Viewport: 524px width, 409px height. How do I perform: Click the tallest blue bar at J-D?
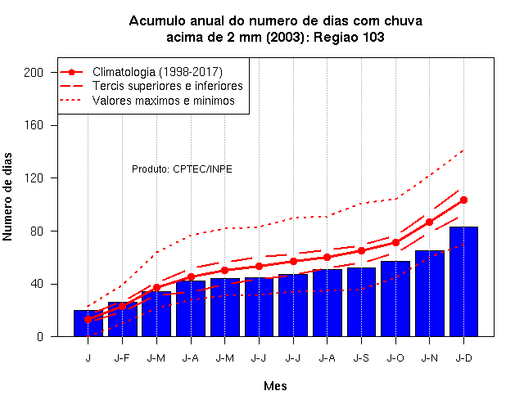(463, 281)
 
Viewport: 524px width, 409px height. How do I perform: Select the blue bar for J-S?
(361, 302)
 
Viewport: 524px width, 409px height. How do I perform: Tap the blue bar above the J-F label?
(122, 319)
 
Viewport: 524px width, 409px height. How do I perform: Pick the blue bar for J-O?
(395, 299)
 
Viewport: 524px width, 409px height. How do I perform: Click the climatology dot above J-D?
(463, 200)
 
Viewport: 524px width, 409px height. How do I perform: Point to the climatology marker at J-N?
(429, 222)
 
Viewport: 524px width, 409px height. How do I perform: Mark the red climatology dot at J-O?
(395, 242)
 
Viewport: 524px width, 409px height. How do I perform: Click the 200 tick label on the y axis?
(34, 73)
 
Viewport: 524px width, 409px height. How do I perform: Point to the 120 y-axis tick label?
(34, 178)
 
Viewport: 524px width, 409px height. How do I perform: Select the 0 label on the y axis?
(40, 336)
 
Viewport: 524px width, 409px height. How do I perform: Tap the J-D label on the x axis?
(464, 358)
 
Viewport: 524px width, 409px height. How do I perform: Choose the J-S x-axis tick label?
(361, 358)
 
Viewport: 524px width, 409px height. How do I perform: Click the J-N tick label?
(429, 358)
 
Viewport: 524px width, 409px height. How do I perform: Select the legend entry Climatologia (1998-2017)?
(157, 72)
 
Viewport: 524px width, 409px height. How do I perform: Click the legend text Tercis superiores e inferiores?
(167, 86)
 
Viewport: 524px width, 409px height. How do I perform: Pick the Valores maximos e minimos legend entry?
(164, 100)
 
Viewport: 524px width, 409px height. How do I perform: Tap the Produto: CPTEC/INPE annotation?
(182, 169)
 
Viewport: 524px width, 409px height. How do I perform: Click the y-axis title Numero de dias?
(7, 197)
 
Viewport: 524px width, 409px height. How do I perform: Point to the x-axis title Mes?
(275, 386)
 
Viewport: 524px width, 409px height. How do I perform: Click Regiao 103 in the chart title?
(349, 37)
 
